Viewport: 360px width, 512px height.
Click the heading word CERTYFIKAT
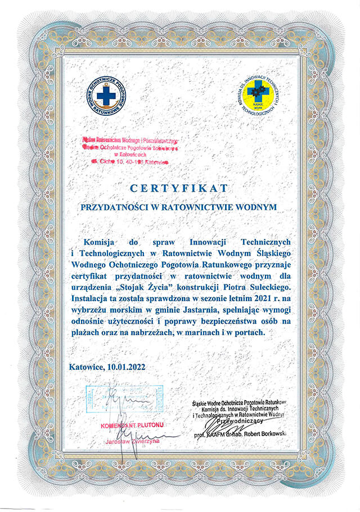(x=180, y=187)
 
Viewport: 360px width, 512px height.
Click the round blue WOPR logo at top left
(x=106, y=94)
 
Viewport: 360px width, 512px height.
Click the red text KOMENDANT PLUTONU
(x=133, y=426)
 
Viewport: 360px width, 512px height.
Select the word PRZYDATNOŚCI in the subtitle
(x=116, y=207)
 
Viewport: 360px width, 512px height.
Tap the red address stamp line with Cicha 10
(x=129, y=161)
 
